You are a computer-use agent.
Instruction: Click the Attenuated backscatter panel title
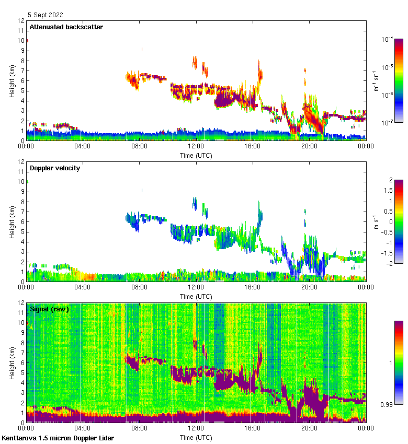tap(66, 27)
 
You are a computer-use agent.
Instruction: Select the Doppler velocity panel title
tap(54, 168)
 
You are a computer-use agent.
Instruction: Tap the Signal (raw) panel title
tap(49, 309)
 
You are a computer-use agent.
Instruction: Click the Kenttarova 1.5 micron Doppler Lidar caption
tap(58, 438)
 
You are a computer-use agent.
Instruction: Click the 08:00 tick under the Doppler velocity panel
tap(139, 287)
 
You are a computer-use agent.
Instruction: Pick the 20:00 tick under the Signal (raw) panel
tap(309, 428)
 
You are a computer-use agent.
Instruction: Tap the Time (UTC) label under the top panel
tap(196, 155)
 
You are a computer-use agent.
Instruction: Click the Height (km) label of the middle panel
tap(12, 221)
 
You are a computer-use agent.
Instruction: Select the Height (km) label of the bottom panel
tap(12, 363)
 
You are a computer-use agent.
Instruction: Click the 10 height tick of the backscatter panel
tap(20, 40)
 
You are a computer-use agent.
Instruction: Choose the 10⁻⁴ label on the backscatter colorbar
tap(388, 39)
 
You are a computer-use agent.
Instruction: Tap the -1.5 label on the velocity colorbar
tap(387, 253)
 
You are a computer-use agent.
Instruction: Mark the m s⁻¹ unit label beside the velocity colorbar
tap(376, 221)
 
